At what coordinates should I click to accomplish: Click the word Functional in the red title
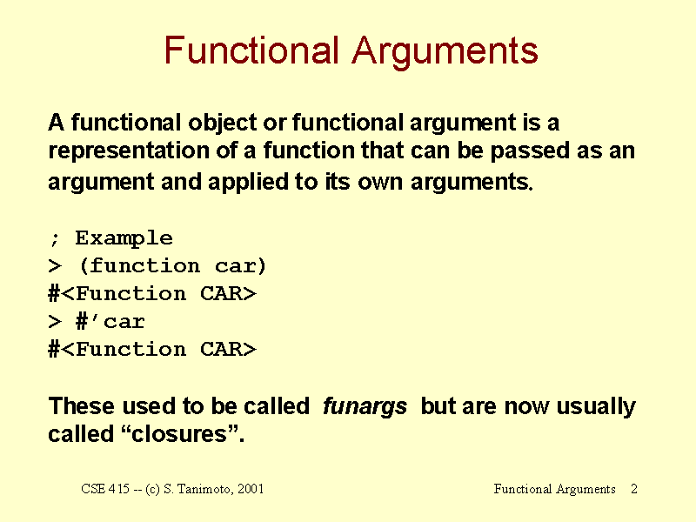coord(251,50)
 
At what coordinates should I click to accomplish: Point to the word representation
coord(129,151)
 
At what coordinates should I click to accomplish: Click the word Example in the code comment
coord(124,238)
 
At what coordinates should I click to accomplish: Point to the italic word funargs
coord(365,406)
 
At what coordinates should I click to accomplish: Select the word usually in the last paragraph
coord(596,406)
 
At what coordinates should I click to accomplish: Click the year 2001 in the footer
coord(251,489)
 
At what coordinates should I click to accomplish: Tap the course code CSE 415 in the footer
coord(105,489)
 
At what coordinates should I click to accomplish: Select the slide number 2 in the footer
coord(634,489)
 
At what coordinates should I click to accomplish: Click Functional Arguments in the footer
coord(554,489)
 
